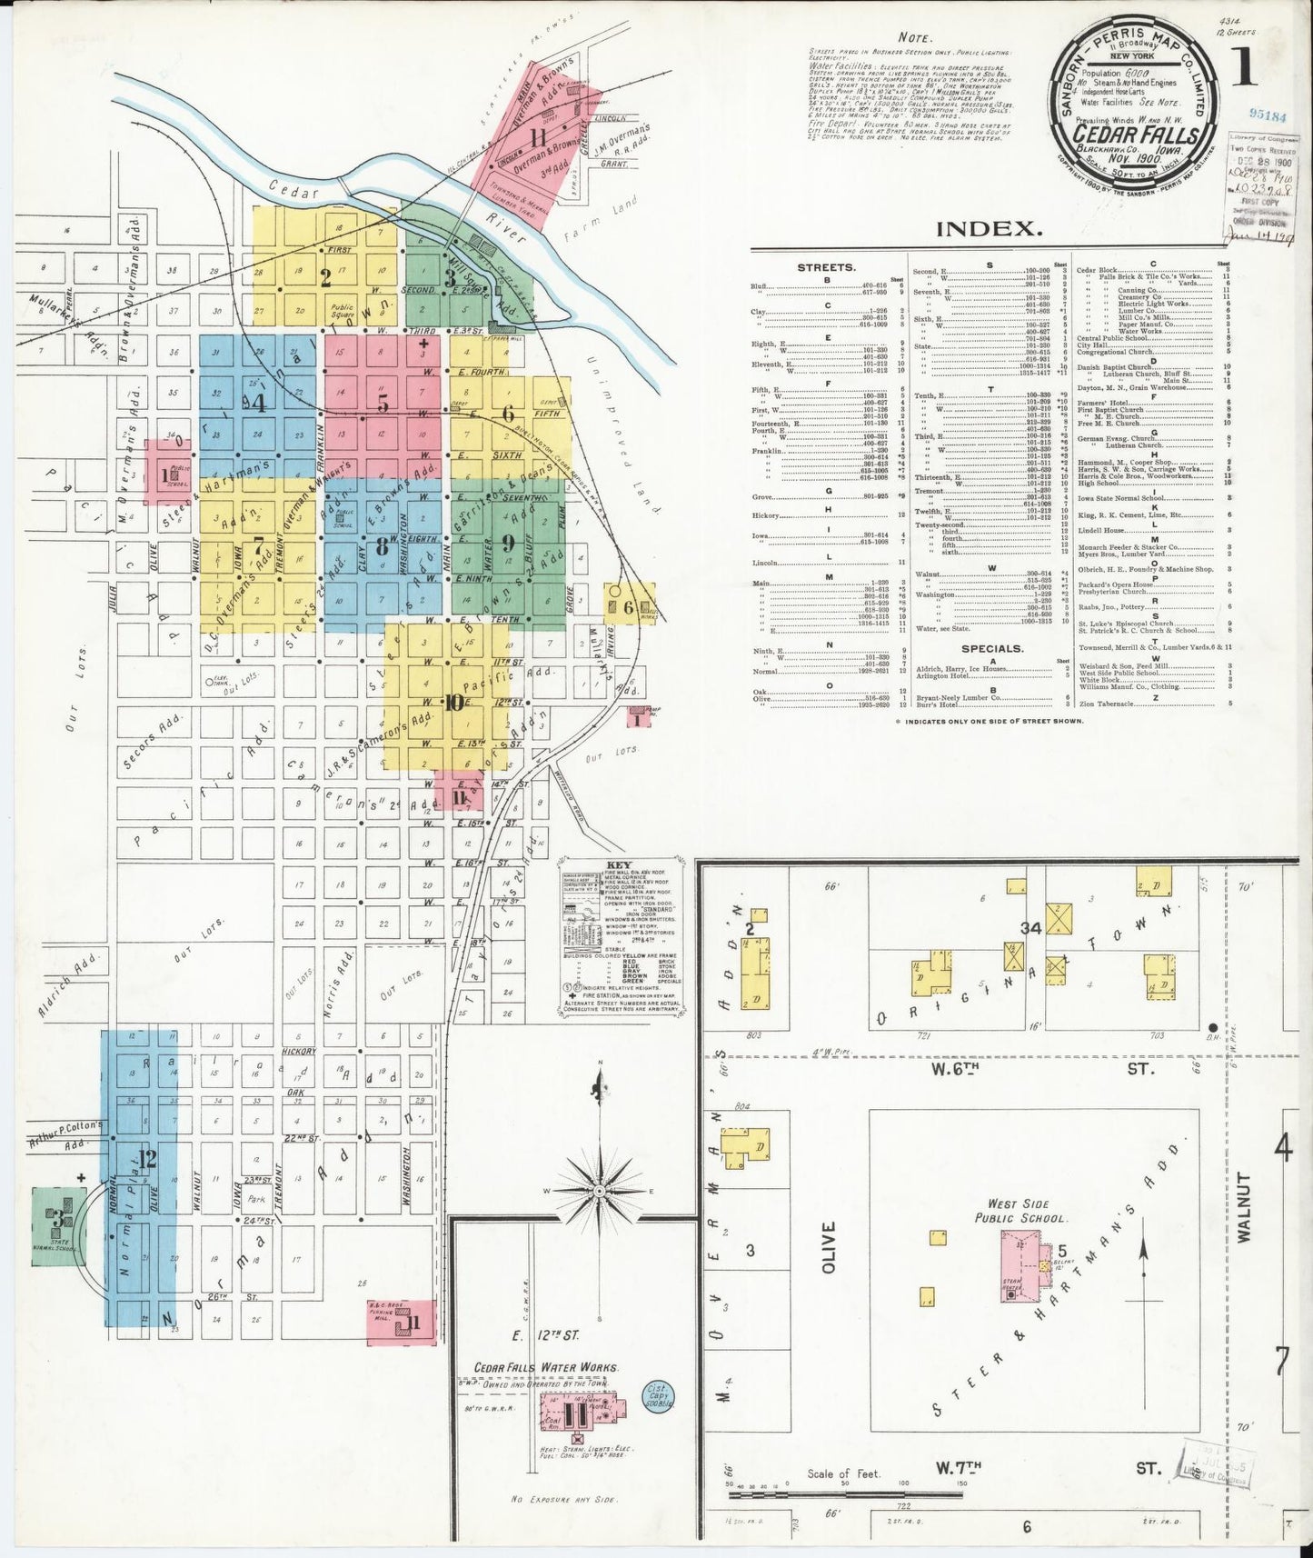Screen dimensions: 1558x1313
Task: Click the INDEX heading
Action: [x=989, y=229]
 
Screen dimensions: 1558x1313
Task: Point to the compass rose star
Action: [x=599, y=1190]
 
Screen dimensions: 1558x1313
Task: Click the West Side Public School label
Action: [x=1021, y=1211]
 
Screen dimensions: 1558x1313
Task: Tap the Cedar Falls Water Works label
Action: [x=546, y=1366]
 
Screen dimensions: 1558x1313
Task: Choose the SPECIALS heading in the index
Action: [x=992, y=648]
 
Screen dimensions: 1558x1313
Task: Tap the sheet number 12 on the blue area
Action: [x=146, y=1158]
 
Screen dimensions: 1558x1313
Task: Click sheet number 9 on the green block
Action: [x=507, y=544]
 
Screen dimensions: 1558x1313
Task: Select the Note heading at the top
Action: [x=914, y=37]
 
